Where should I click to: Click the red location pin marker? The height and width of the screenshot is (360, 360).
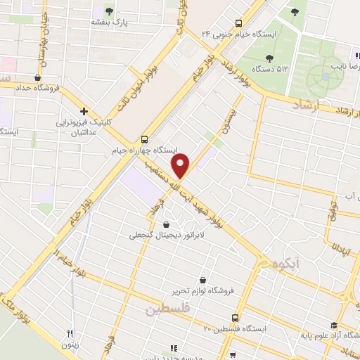(x=182, y=166)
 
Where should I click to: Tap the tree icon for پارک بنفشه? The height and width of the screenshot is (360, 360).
(x=109, y=11)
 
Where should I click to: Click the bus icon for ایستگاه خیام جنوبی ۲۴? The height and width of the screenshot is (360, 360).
(x=239, y=22)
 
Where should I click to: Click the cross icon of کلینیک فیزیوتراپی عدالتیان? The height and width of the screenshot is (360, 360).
(x=84, y=111)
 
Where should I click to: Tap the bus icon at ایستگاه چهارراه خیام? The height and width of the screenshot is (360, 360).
(x=144, y=139)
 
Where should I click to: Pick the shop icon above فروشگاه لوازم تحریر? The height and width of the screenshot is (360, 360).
(x=203, y=279)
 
